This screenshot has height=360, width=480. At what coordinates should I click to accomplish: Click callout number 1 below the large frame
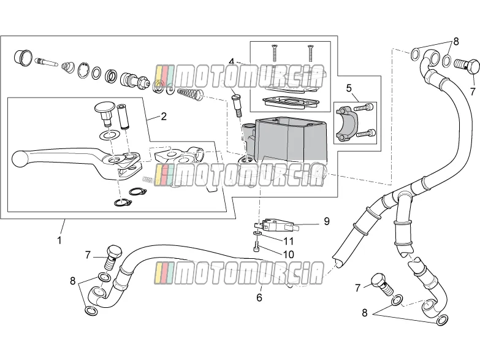[x=59, y=240]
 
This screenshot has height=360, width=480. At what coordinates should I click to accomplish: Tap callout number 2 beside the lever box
[x=164, y=116]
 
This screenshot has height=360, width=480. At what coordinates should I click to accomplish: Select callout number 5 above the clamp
[x=349, y=88]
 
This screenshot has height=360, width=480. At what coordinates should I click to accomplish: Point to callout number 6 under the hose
[x=259, y=297]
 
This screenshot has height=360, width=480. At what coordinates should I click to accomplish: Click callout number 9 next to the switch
[x=327, y=221]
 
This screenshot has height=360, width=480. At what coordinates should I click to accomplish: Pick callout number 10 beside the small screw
[x=289, y=255]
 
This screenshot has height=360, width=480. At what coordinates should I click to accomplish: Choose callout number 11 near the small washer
[x=288, y=241]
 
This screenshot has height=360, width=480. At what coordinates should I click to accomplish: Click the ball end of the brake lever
[x=19, y=159]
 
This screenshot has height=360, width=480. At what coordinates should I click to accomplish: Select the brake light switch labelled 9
[x=273, y=225]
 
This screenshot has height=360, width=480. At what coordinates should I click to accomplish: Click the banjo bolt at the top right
[x=467, y=66]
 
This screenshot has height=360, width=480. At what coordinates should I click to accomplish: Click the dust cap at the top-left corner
[x=23, y=57]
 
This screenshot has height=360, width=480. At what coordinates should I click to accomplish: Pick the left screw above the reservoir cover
[x=274, y=52]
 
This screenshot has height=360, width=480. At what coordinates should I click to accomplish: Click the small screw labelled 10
[x=256, y=247]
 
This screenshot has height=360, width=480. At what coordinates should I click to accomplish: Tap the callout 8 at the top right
[x=456, y=41]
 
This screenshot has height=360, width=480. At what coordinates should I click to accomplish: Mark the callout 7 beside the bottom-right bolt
[x=357, y=288]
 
